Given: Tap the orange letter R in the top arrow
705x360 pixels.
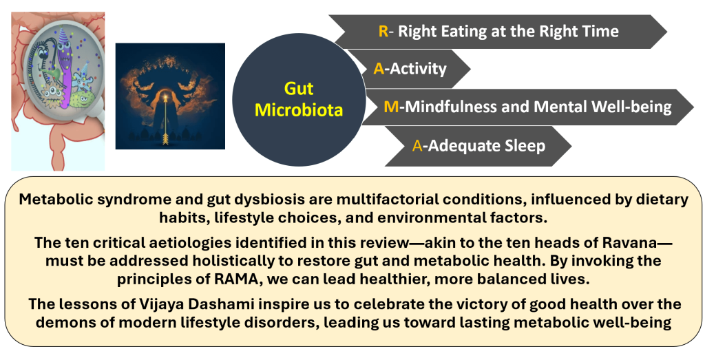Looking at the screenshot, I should coord(383,31).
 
